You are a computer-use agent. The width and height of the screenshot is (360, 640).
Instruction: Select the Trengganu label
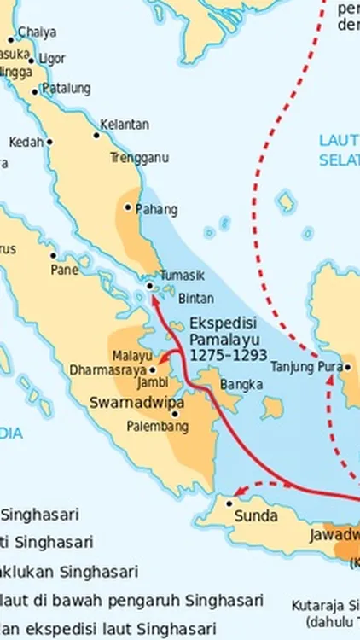tap(138, 158)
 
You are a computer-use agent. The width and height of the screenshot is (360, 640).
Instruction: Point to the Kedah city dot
tap(49, 142)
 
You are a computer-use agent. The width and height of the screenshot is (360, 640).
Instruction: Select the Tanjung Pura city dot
tap(347, 367)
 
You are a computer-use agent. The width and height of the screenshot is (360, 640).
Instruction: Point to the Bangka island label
tap(241, 385)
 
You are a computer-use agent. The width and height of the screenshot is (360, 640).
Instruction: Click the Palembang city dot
tap(175, 414)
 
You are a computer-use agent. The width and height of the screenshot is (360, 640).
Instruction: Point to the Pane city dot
tap(54, 254)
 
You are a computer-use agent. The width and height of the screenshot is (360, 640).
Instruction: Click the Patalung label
tap(66, 88)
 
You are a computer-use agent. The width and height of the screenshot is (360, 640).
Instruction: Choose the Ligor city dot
tap(32, 61)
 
